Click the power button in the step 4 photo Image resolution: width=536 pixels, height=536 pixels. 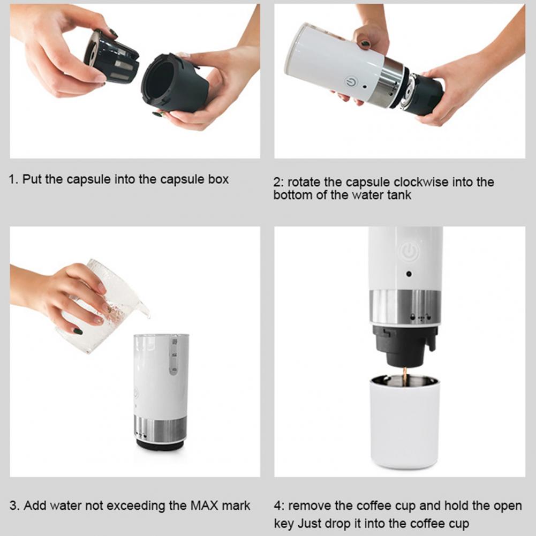coord(409,252)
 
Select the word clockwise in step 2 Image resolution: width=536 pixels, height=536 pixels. coord(419,182)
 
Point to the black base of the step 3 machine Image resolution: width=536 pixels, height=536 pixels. coord(160,444)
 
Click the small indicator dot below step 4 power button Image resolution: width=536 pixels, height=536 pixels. coord(409,274)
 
